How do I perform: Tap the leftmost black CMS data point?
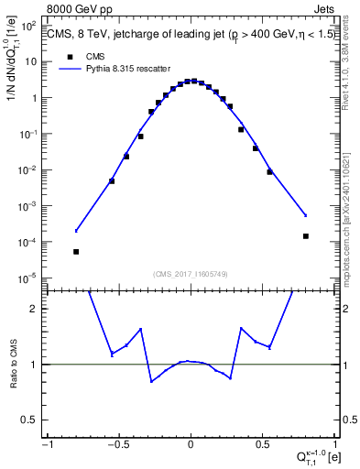(x=76, y=251)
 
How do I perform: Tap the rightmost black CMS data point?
(x=306, y=235)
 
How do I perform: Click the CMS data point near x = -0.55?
(x=112, y=180)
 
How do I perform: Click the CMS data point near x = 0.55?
(x=269, y=171)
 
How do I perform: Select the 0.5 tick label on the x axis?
(x=263, y=445)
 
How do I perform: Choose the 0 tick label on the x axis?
(x=191, y=445)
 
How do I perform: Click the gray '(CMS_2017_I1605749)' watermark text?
(x=190, y=273)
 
